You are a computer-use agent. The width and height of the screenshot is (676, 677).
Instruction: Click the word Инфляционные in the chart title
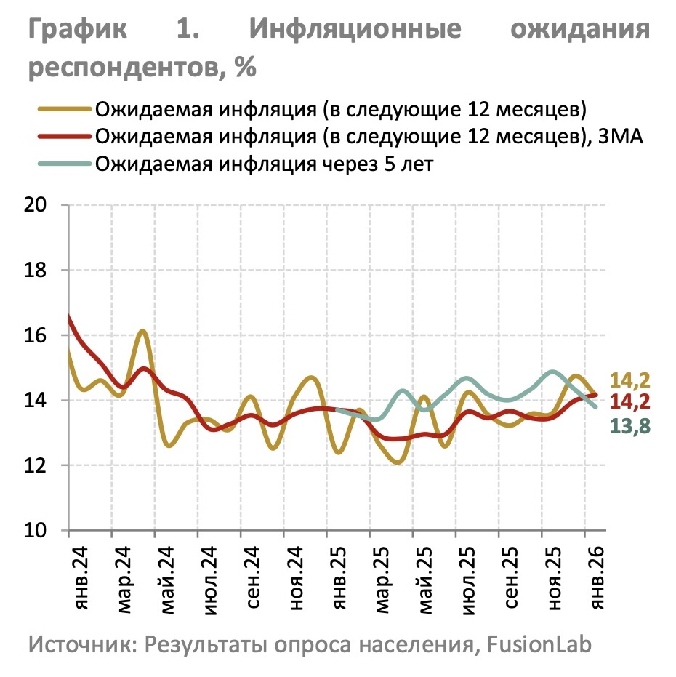(x=355, y=30)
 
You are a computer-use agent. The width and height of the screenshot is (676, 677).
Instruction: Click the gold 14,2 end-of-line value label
(x=629, y=380)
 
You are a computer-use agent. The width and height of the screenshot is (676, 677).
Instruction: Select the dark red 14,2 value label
(x=629, y=403)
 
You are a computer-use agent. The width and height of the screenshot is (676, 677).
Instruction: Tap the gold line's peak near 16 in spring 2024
(x=142, y=332)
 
